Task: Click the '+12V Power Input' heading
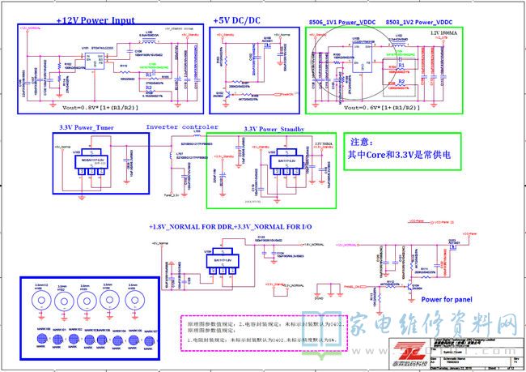coord(95,19)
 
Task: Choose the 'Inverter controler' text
coord(182,127)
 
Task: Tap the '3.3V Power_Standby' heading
coord(273,129)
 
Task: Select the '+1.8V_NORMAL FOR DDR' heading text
coord(189,224)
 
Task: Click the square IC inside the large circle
coord(354,62)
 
